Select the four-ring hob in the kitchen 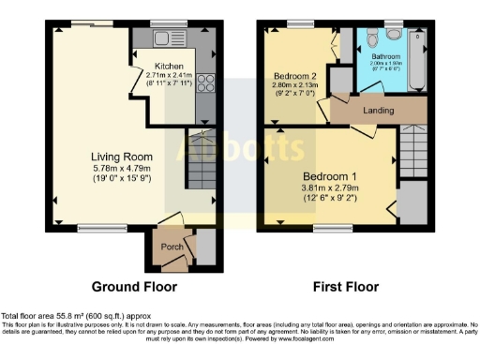point(204,82)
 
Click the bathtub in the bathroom point(416,56)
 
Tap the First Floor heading point(347,286)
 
